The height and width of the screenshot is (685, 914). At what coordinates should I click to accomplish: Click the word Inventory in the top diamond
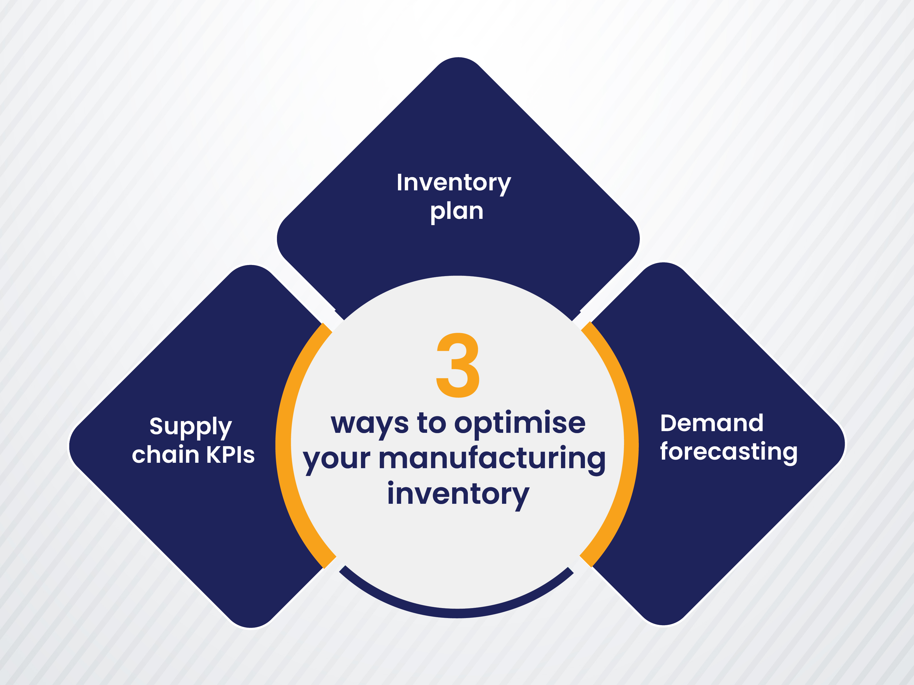(x=454, y=183)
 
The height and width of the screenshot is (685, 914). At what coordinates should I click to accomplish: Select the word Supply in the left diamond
(x=191, y=427)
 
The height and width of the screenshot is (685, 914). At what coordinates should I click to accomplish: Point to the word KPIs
(x=230, y=455)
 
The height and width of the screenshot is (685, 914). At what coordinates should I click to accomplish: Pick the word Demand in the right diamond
(x=711, y=423)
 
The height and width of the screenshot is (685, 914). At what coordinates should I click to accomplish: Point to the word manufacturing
(x=492, y=459)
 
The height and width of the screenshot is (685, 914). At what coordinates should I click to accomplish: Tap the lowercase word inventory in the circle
(x=458, y=495)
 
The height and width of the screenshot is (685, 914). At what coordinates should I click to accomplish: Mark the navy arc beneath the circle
(x=457, y=612)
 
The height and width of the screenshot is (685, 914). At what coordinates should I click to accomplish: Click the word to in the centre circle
(x=432, y=423)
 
